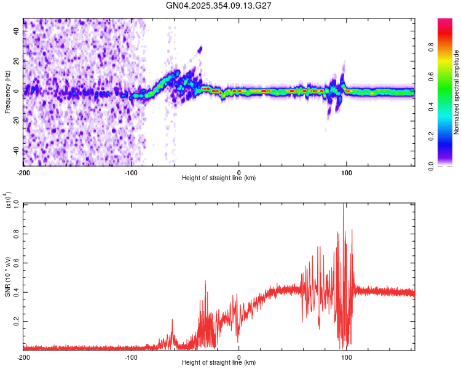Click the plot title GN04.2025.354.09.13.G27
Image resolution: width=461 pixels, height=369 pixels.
point(219,6)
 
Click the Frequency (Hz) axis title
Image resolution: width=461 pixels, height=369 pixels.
point(7,92)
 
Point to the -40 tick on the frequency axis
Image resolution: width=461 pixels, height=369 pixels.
point(16,151)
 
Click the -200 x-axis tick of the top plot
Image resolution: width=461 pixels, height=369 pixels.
point(23,172)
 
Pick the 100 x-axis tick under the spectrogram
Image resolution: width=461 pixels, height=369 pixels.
point(347,172)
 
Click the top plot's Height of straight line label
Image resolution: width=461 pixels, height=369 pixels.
point(219,178)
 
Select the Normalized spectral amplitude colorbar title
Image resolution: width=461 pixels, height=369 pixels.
point(457,92)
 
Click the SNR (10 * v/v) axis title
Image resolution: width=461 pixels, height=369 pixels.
point(8,276)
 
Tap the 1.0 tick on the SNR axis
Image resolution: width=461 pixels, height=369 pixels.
point(16,204)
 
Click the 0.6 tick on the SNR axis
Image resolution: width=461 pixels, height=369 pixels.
point(16,263)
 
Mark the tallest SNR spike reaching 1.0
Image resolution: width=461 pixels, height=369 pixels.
point(343,205)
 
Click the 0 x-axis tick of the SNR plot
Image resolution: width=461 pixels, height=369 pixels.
point(239,357)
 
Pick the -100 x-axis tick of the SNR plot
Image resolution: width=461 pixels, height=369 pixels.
point(131,357)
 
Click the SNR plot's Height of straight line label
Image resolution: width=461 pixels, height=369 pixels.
point(219,363)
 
